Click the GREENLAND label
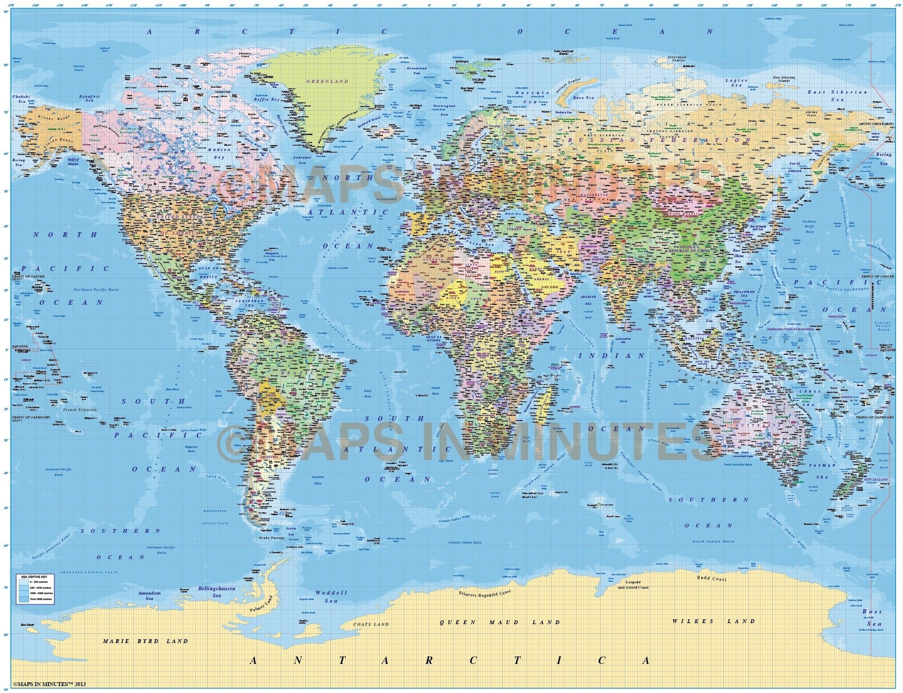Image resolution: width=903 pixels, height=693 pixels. coord(327,82)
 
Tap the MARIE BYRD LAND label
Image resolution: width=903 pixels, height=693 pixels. coord(146,641)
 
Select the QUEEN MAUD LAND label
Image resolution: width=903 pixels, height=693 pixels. coord(500,622)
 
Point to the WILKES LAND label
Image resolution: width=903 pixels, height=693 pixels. coord(714,621)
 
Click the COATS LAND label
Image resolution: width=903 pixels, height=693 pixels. coord(371,624)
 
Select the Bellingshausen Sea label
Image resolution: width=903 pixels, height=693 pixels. coord(217,592)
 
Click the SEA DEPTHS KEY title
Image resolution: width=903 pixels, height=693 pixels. coord(31,576)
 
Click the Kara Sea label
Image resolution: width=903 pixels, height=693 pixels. coord(583,97)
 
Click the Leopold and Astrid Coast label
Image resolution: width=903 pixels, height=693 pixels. coord(632,585)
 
